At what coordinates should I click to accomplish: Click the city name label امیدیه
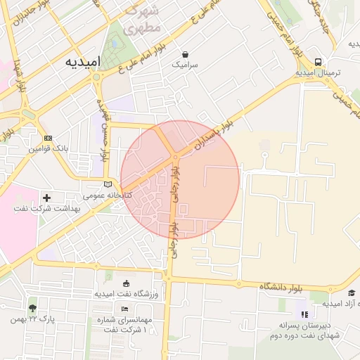(x=83, y=62)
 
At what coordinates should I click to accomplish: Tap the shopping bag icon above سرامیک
(x=185, y=53)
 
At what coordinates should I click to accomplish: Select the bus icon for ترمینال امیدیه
(x=319, y=61)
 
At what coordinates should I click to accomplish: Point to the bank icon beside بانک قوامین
(x=48, y=138)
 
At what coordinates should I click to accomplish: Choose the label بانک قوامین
(x=47, y=149)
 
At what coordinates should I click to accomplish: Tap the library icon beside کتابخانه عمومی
(x=107, y=184)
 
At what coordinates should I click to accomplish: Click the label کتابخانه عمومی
(x=103, y=194)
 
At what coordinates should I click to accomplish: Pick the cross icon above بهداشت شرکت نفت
(x=47, y=198)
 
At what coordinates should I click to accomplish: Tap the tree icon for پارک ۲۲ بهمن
(x=32, y=307)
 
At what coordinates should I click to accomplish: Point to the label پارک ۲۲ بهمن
(x=32, y=319)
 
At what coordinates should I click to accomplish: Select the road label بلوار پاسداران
(x=214, y=137)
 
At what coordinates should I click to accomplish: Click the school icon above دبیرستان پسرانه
(x=304, y=314)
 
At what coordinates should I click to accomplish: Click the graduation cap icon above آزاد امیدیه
(x=351, y=292)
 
